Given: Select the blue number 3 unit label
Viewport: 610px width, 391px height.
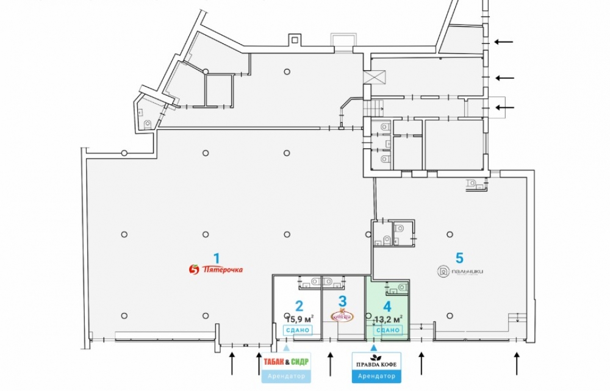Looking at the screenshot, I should pyautogui.click(x=343, y=301).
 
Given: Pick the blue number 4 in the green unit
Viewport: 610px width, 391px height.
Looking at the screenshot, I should pyautogui.click(x=387, y=306).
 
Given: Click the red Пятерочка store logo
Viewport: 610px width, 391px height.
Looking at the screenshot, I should pyautogui.click(x=217, y=268).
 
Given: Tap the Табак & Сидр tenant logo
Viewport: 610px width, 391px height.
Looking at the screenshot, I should pyautogui.click(x=286, y=362).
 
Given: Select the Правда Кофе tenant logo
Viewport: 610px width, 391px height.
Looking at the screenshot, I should pyautogui.click(x=376, y=364).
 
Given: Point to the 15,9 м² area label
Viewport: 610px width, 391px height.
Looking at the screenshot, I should pyautogui.click(x=300, y=318).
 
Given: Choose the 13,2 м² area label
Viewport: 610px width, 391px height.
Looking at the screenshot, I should pyautogui.click(x=388, y=318).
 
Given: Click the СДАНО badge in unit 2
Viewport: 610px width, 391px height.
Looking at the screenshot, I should pyautogui.click(x=298, y=330).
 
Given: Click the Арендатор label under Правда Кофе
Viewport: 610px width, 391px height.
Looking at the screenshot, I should pyautogui.click(x=376, y=376).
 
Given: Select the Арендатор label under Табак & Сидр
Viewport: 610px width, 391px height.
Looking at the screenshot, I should pyautogui.click(x=286, y=376).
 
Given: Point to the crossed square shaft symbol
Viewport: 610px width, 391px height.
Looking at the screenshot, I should pyautogui.click(x=375, y=77).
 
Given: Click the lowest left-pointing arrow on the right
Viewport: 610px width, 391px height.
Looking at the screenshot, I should pyautogui.click(x=504, y=108).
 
